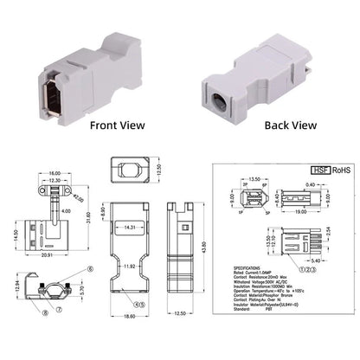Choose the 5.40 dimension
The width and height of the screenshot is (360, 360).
coord(317,259)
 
